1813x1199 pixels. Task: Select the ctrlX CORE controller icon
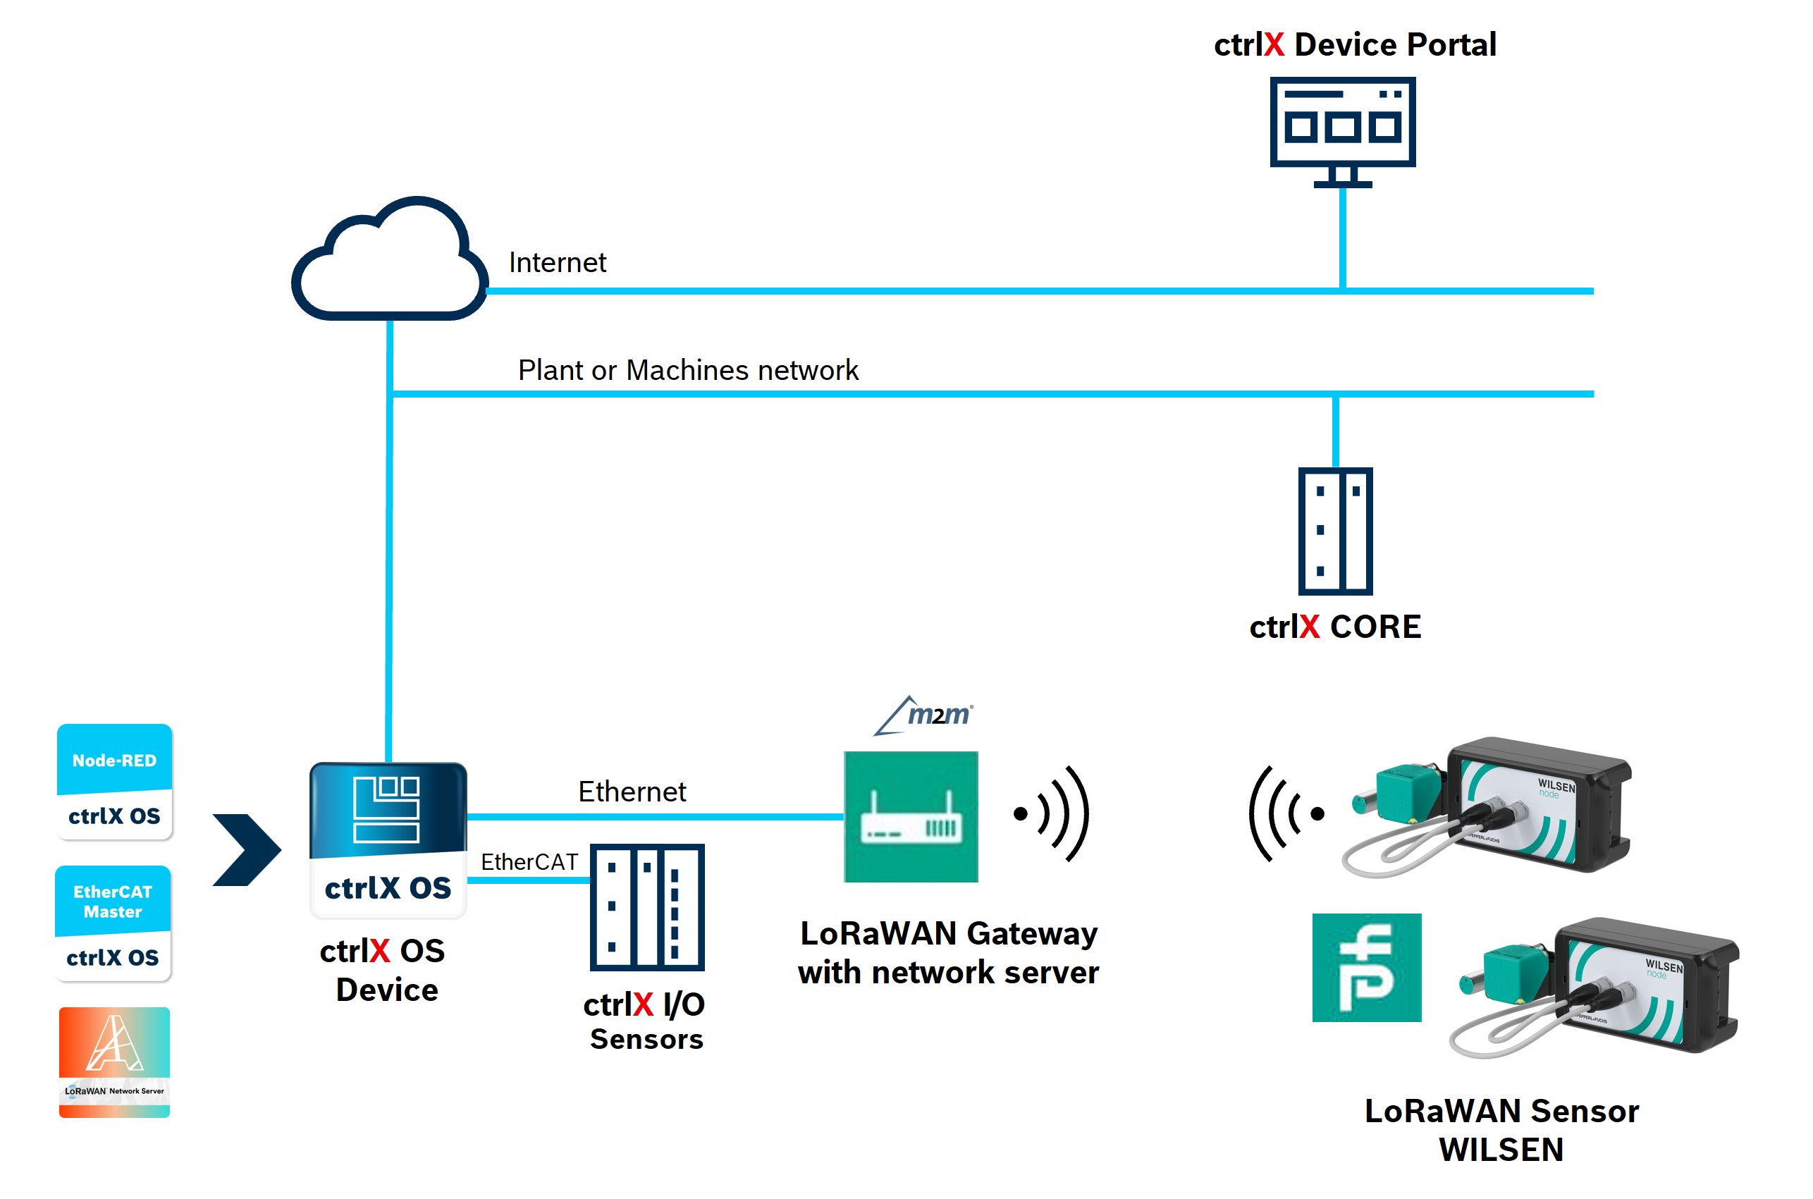pos(1335,531)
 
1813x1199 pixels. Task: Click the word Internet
pos(557,263)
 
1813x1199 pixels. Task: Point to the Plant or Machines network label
pos(687,370)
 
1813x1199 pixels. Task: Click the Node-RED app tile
pos(115,782)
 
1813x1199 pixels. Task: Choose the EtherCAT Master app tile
pos(113,923)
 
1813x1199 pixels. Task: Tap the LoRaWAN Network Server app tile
pos(115,1062)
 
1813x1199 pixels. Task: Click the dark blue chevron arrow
pos(247,849)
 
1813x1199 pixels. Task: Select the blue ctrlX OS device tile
pos(388,839)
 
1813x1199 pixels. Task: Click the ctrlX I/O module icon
pos(647,907)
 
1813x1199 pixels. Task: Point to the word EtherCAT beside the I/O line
pos(529,862)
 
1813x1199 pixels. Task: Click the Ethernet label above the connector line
pos(632,792)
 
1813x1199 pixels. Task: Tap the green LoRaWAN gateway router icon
pos(910,817)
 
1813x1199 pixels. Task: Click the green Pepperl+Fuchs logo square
pos(1365,967)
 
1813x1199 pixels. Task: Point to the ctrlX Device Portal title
pos(1354,44)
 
